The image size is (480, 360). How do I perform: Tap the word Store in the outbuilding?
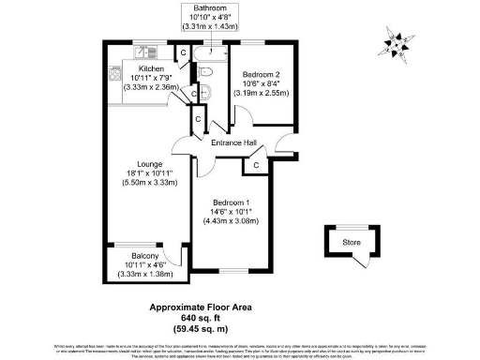point(351,243)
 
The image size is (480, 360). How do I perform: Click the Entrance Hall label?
point(234,142)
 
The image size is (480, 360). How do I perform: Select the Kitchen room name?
point(152,69)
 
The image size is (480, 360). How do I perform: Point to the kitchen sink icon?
point(142,52)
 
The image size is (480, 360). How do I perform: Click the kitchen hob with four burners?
point(115,76)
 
